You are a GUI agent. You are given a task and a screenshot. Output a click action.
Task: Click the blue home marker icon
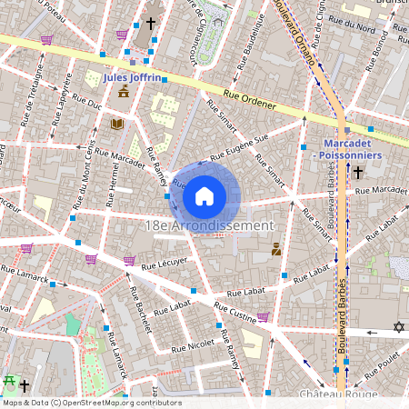204,195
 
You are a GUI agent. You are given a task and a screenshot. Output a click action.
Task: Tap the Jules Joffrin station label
133,78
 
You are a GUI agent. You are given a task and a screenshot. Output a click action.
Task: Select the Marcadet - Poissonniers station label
354,149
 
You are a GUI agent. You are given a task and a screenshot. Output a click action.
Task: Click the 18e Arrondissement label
208,225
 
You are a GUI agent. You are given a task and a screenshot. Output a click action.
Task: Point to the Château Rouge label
337,395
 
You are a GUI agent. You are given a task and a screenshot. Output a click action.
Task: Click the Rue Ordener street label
249,99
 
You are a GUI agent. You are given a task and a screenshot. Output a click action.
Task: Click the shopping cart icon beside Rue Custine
264,317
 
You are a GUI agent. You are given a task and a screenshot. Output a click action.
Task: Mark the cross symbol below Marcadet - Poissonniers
358,171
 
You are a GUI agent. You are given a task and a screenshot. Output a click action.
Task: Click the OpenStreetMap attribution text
79,402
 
